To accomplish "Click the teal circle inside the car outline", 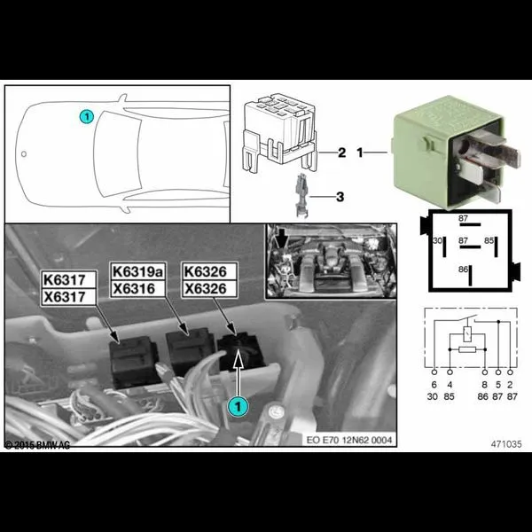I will coord(86,116).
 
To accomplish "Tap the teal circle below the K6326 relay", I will coord(237,405).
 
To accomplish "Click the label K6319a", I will coord(136,270).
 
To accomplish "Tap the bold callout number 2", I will coord(340,153).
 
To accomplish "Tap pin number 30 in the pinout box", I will coord(436,241).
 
